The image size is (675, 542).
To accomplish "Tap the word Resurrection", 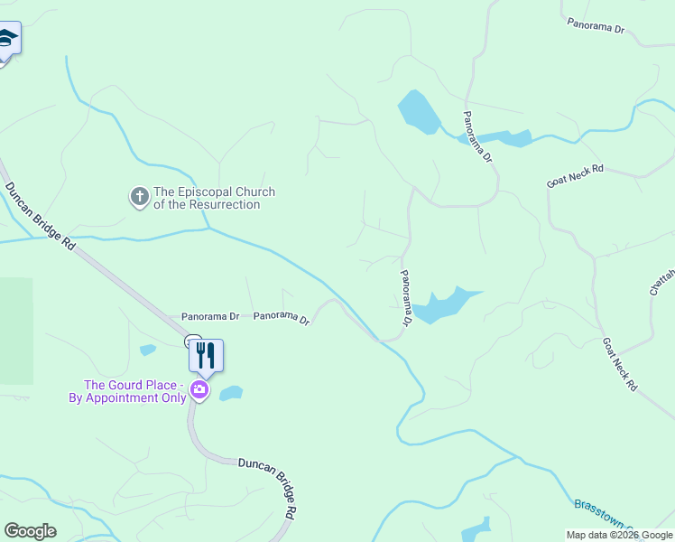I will coord(227,205).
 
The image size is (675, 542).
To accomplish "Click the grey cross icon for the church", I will coord(139,196).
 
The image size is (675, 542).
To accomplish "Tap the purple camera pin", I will coord(199,391).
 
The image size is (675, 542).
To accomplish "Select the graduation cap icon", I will coord(7,38).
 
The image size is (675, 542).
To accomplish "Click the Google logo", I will coord(30,531).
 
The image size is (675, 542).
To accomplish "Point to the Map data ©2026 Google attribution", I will coord(619,535).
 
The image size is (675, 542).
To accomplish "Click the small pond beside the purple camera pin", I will coord(231,393).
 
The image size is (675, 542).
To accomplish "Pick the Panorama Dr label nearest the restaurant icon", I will coord(209,317).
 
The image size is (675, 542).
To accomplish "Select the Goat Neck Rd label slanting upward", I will coord(574,176).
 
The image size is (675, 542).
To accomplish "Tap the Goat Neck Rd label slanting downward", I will coord(620,364).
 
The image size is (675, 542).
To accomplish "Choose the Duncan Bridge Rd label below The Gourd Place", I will coord(268,486).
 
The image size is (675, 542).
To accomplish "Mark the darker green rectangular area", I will coord(16,330).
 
